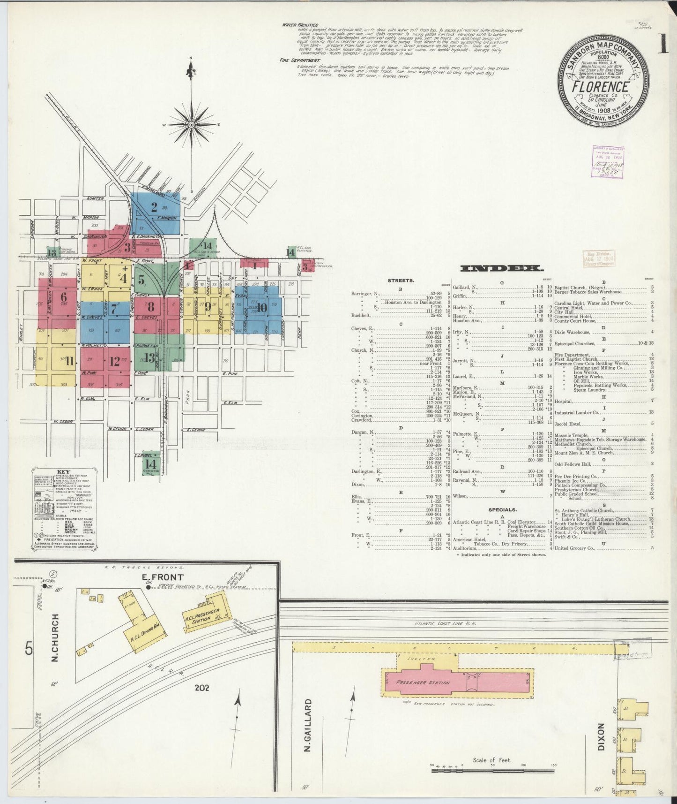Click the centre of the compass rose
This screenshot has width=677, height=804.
tap(191, 124)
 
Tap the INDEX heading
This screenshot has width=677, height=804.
tap(502, 268)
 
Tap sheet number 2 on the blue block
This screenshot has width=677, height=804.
tap(154, 207)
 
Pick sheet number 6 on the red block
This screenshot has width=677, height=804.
tap(64, 297)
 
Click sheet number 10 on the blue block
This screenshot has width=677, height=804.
tap(262, 308)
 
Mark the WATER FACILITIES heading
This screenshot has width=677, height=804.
tap(300, 25)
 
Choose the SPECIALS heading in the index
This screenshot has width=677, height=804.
tap(502, 509)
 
